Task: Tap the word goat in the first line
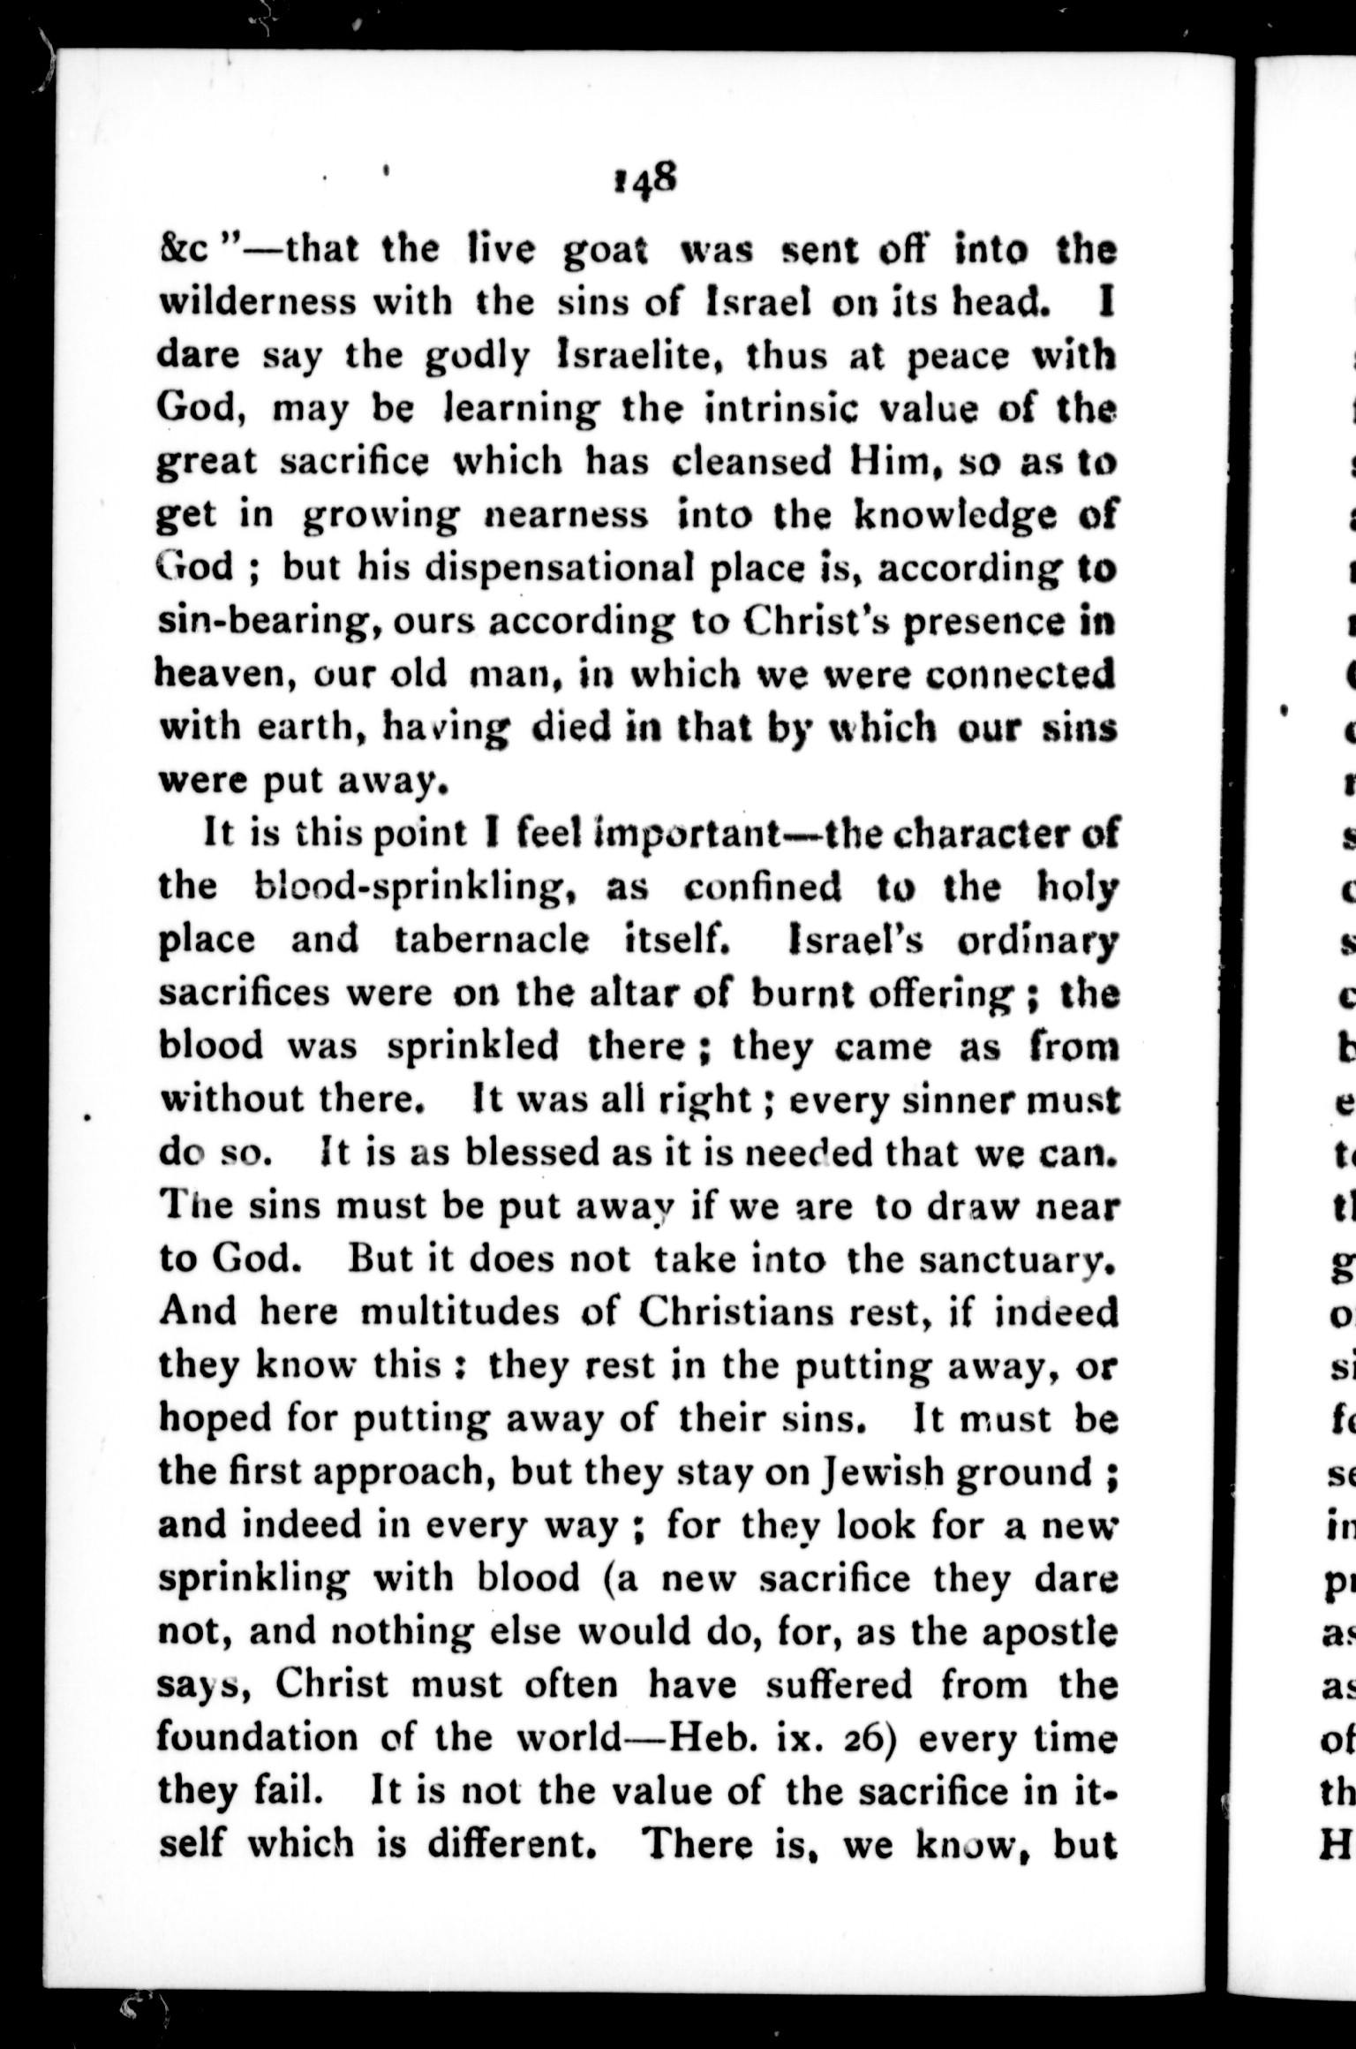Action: (x=606, y=250)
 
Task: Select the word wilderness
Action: (x=257, y=303)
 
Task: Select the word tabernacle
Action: (x=491, y=939)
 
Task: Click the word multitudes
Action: (x=460, y=1312)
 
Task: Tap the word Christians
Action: (x=738, y=1312)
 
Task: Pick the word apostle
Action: (x=1051, y=1632)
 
